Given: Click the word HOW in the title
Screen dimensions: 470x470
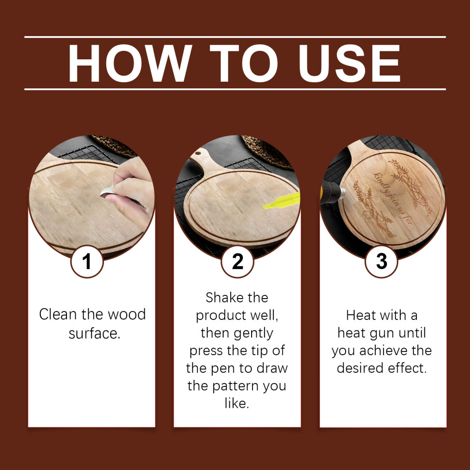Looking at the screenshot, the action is [130, 63].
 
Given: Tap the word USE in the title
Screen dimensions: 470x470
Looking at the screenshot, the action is [349, 63].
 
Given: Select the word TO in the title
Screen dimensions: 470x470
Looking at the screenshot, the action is [244, 63].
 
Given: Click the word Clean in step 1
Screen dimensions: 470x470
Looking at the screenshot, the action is [58, 314].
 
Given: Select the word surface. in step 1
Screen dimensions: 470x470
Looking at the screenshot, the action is [94, 333].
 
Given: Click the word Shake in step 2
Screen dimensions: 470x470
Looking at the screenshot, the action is [221, 297].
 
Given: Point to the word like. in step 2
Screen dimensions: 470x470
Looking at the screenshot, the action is [237, 403].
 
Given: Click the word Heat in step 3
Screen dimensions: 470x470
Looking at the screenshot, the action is [358, 315].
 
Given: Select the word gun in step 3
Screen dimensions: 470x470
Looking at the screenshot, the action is [382, 334].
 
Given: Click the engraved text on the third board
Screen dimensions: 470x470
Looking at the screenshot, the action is [393, 198].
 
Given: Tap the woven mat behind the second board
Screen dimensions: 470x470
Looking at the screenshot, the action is [267, 151].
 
